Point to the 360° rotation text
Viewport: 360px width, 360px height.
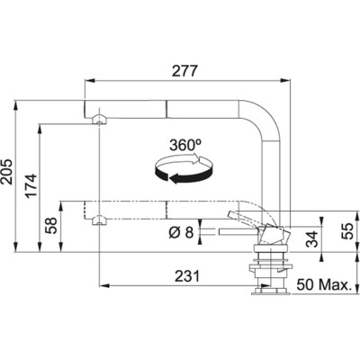tap(184, 145)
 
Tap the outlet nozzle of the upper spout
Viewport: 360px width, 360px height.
tap(96, 118)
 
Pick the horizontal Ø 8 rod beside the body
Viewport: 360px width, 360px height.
tap(221, 233)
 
